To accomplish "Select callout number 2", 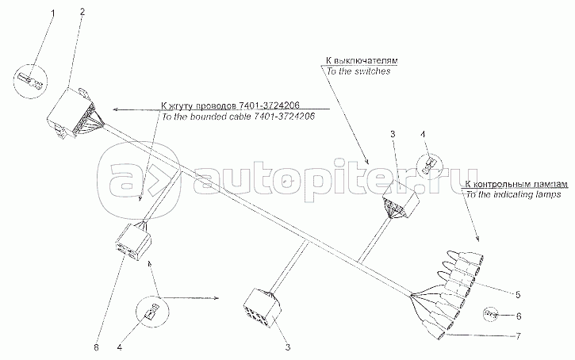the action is [82, 12].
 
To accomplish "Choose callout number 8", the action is [97, 346].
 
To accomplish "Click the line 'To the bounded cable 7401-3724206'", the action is [238, 117].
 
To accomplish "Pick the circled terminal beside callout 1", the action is [30, 80].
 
